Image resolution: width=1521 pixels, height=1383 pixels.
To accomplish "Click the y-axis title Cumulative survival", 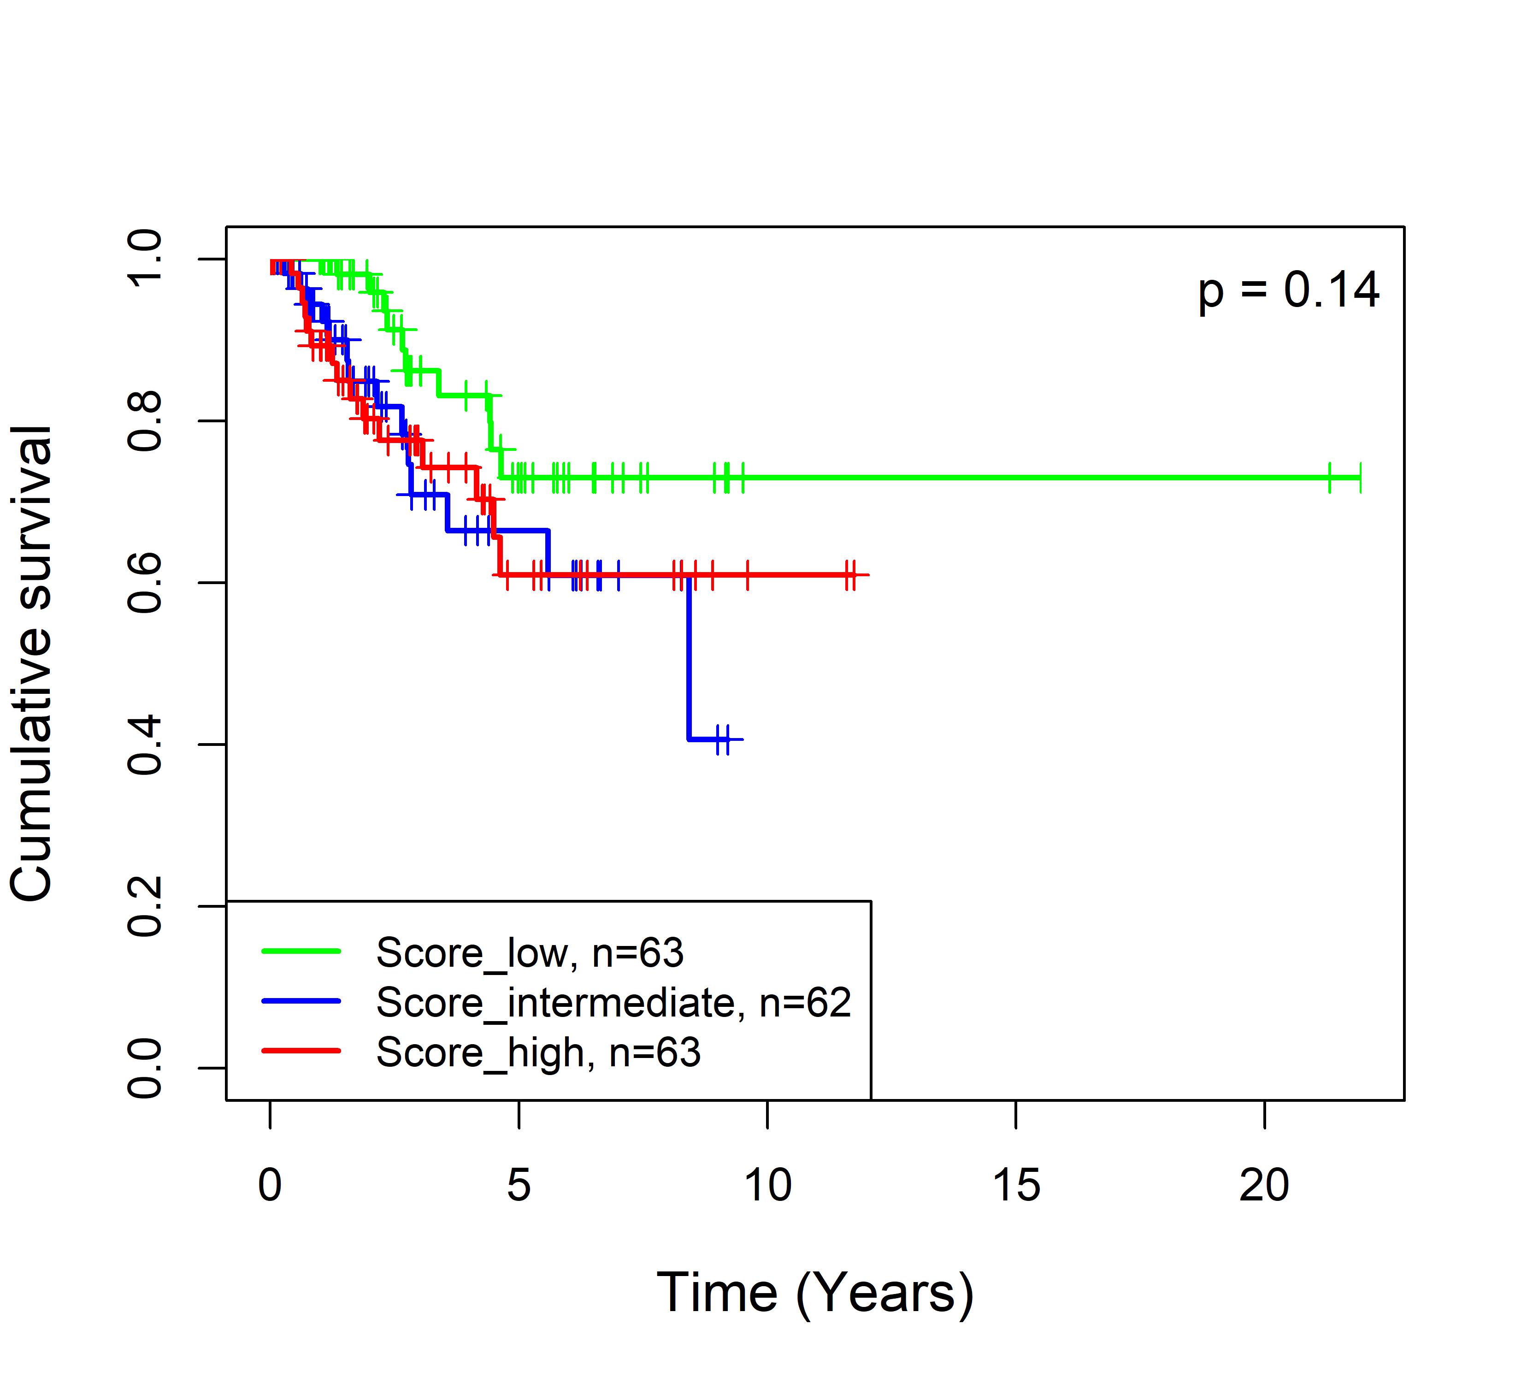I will coord(32,662).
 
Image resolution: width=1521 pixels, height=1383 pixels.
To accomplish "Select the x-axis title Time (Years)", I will coord(815,1293).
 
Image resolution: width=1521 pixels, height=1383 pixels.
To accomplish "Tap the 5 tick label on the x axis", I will coord(519,1185).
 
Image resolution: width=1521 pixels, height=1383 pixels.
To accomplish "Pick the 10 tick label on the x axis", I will coord(767,1185).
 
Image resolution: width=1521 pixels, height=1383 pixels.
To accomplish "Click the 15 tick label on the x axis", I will coord(1015,1185).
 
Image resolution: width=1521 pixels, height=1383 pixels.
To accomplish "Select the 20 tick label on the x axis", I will coord(1264,1185).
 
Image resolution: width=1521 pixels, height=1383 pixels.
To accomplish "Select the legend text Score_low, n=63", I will coord(530,953).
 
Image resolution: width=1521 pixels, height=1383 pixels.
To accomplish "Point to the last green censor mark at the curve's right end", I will coord(1360,478).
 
